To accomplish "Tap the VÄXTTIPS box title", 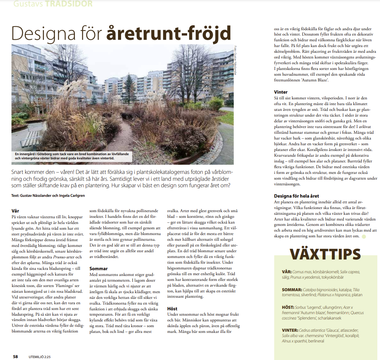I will pos(325,254).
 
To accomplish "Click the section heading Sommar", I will pos(99,269).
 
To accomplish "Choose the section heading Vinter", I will pos(281,92).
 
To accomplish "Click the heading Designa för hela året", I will pos(296,196).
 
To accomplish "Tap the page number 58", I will pos(15,357).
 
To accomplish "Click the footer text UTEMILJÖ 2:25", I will pos(37,357).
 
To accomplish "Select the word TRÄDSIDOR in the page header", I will pos(69,4).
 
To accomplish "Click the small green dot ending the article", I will pos(364,237).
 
